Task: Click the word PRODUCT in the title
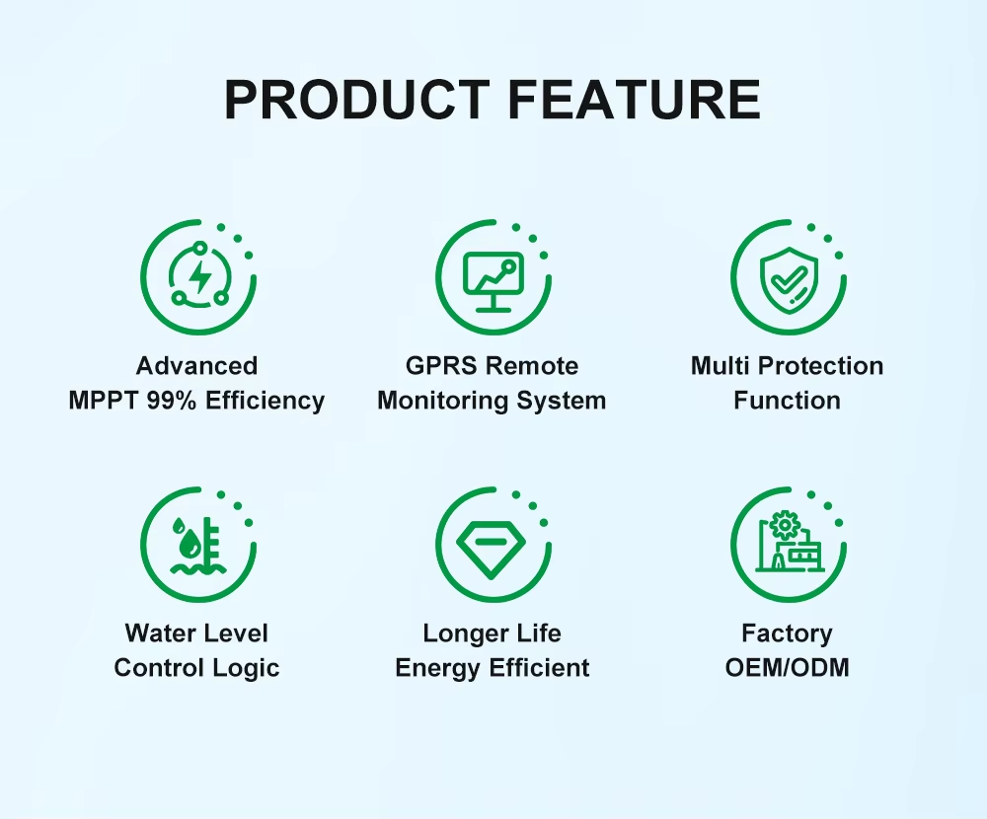(x=357, y=100)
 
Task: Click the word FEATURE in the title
(x=635, y=100)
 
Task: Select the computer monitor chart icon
(x=493, y=281)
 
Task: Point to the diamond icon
(x=491, y=547)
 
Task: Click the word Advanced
(x=197, y=366)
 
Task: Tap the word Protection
(x=820, y=366)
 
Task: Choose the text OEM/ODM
(x=788, y=667)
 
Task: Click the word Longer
(x=460, y=633)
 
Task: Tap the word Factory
(x=787, y=633)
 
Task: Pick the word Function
(x=787, y=401)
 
